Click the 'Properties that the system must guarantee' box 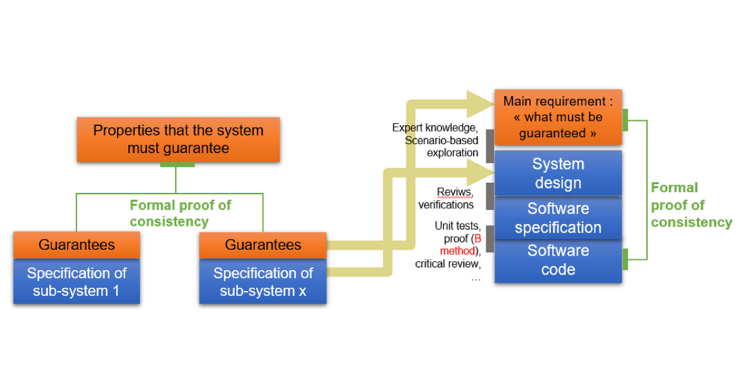(178, 139)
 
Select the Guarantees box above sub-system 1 (77, 245)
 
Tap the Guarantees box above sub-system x (262, 245)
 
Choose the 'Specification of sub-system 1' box (77, 282)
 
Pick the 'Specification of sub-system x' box (262, 282)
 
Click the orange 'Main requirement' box (558, 117)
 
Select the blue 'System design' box (558, 173)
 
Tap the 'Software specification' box (558, 218)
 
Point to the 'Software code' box (558, 260)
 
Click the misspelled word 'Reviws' (454, 192)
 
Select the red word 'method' (457, 251)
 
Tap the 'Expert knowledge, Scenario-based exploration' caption (436, 140)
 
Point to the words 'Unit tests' (456, 226)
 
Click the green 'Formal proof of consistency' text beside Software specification (691, 205)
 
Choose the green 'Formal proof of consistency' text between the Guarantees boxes (180, 213)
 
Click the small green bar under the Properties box (177, 164)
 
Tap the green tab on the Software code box (625, 259)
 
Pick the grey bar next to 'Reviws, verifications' (490, 197)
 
